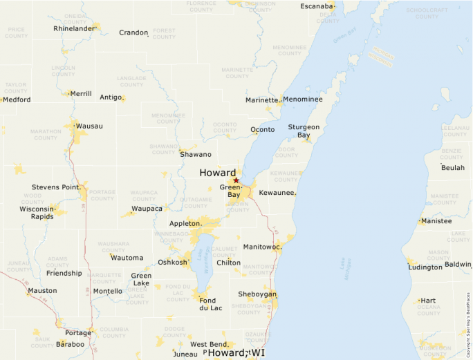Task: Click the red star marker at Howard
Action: [x=236, y=180]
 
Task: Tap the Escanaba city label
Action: [x=317, y=6]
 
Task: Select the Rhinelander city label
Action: [x=73, y=29]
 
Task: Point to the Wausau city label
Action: [x=90, y=126]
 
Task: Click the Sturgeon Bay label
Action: [x=304, y=131]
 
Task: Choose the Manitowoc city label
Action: [x=262, y=247]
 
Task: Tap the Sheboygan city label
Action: [x=257, y=294]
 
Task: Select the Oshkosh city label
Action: [x=172, y=262]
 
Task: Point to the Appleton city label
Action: [x=186, y=224]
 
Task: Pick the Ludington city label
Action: [x=425, y=267]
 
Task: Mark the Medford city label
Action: [x=17, y=100]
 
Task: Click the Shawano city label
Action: [x=196, y=155]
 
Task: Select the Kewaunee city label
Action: [x=277, y=193]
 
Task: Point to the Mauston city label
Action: [x=42, y=291]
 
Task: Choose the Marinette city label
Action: [x=261, y=100]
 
